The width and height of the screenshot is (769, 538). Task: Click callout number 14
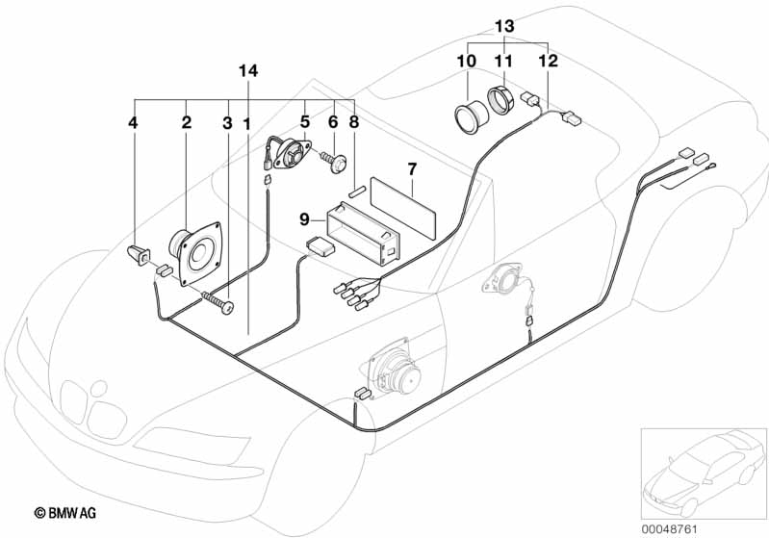pos(248,71)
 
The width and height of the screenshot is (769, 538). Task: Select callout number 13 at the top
pos(504,25)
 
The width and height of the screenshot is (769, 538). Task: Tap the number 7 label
pos(412,169)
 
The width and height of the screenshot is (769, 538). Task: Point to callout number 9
pos(304,219)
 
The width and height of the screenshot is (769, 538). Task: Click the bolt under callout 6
pos(334,163)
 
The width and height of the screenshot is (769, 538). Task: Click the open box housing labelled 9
pos(364,234)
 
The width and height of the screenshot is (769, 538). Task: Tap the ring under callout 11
pos(501,99)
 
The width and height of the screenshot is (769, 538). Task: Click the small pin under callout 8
pos(355,192)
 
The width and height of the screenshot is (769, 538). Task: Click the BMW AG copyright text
pos(65,514)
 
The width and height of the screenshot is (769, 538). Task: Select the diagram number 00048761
pos(670,529)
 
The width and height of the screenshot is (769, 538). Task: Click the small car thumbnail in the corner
pos(704,474)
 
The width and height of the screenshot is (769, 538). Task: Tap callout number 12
pos(548,61)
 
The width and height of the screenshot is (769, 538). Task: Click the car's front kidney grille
pos(93,407)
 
